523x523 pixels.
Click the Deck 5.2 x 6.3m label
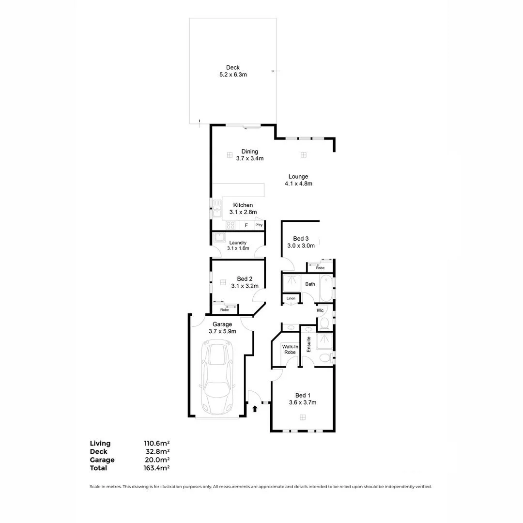pos(232,71)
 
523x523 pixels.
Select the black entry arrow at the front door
pos(255,409)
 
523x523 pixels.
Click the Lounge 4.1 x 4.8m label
pos(298,180)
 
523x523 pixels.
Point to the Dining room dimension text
pos(250,159)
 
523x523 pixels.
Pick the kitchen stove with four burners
pos(231,225)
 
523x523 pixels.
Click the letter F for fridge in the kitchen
pos(246,226)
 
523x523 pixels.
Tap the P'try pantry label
pos(259,225)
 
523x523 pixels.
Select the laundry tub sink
pos(219,237)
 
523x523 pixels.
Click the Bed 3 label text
pos(301,239)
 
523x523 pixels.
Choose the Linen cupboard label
pos(291,298)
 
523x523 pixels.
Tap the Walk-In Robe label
pos(290,349)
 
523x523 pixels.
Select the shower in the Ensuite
pos(324,341)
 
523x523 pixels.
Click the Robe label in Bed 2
pos(224,309)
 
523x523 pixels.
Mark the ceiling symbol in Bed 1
pos(303,417)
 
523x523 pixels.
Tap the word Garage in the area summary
pos(102,460)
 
